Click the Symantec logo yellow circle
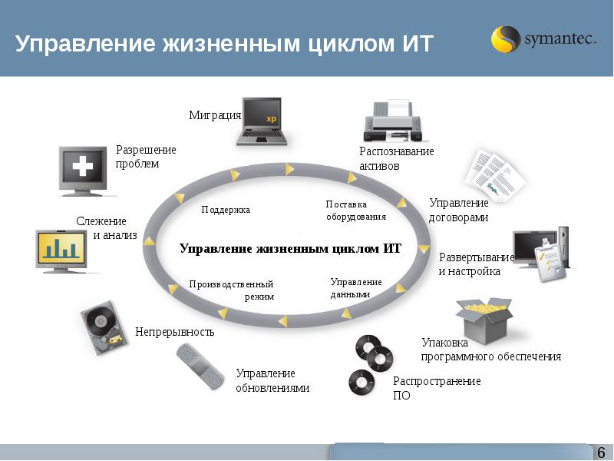[x=505, y=39]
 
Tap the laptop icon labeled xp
[x=262, y=121]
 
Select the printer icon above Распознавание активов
[x=393, y=121]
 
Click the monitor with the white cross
[x=83, y=171]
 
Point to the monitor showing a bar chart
[x=61, y=251]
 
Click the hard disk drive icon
[x=104, y=328]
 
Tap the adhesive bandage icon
[x=200, y=366]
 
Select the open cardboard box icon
[x=484, y=320]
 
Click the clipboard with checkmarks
[x=551, y=260]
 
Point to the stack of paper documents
[x=495, y=175]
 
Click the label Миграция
[x=215, y=115]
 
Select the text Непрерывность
[x=175, y=332]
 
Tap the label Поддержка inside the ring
[x=226, y=210]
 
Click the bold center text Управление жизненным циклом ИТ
[x=291, y=248]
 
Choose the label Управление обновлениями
[x=272, y=380]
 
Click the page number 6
[x=601, y=452]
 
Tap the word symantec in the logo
[x=560, y=39]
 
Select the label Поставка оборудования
[x=356, y=211]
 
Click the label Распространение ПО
[x=437, y=388]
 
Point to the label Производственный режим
[x=232, y=290]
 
